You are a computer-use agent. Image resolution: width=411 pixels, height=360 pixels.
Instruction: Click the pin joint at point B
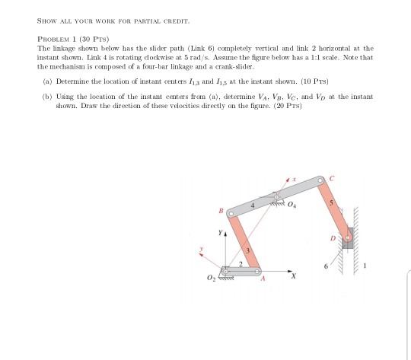pos(231,214)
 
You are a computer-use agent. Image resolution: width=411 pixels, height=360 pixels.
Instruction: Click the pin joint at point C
pos(320,180)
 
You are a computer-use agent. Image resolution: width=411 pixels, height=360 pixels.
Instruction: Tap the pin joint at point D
pos(348,238)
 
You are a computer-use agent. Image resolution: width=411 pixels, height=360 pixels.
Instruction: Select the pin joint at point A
pos(257,272)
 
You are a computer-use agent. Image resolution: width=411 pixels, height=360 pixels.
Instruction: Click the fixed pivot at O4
pos(276,197)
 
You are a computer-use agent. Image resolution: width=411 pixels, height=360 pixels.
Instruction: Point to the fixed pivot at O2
pos(225,272)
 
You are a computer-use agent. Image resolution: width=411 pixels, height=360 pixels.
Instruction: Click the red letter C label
pos(332,179)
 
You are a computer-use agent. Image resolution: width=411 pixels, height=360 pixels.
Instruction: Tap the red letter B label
pos(221,211)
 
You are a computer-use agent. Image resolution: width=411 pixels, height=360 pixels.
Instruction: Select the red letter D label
pos(333,238)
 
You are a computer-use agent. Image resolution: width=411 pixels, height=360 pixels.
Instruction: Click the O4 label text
pos(292,205)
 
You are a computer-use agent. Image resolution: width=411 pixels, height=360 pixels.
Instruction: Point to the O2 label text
pos(211,278)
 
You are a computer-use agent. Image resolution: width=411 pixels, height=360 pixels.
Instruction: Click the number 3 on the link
pos(247,250)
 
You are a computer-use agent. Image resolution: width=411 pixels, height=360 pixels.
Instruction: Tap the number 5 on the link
pos(331,202)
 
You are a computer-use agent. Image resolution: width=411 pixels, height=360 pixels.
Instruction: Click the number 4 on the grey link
pos(253,205)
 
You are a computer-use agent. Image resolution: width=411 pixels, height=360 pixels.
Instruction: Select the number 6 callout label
pos(326,266)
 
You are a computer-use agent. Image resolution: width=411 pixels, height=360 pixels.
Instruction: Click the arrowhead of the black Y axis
pos(225,234)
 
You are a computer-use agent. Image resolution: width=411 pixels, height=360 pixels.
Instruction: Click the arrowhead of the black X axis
pos(290,272)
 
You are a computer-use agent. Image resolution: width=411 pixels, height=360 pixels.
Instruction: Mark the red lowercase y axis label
pos(201,248)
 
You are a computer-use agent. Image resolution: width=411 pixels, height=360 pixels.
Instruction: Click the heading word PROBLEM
pos(53,40)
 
